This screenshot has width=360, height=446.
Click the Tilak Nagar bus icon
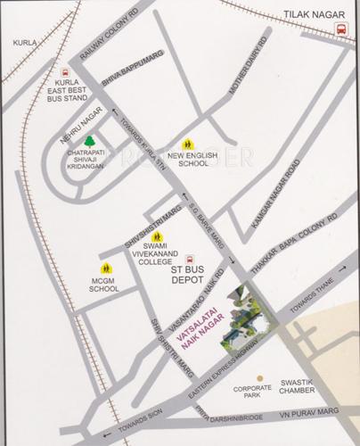[341, 29]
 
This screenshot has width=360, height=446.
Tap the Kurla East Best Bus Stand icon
[63, 75]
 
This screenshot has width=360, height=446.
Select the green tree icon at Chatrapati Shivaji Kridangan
[88, 140]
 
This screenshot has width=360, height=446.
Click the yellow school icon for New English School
[187, 144]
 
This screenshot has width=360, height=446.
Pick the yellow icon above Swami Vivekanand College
[158, 237]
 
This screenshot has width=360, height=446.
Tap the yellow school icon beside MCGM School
[105, 268]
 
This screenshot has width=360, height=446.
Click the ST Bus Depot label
[195, 274]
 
